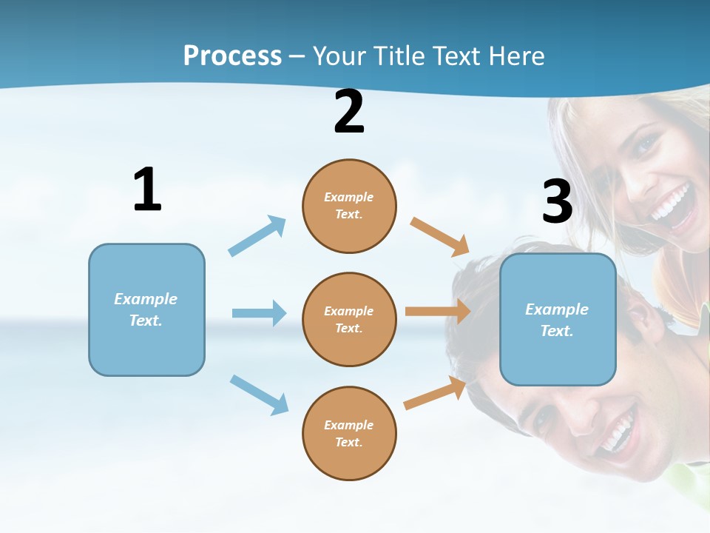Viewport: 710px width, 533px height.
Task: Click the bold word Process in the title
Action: [x=233, y=56]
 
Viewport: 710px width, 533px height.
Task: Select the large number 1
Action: [x=148, y=189]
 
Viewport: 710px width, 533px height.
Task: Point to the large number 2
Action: [x=349, y=111]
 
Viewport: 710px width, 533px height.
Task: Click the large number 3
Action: [x=558, y=201]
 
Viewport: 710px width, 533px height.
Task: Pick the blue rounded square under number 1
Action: [x=146, y=310]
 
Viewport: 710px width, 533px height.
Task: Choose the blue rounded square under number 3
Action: [x=558, y=320]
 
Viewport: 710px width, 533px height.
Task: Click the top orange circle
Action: [x=349, y=206]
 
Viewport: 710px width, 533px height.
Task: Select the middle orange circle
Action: [x=349, y=320]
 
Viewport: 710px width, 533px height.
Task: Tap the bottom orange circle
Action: [x=349, y=433]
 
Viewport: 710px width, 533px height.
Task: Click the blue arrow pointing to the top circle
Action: [x=257, y=235]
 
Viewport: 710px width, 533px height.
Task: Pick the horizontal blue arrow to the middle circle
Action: [x=260, y=312]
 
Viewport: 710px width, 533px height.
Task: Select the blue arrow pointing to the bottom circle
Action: [x=260, y=395]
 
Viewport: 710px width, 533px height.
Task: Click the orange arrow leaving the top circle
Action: [x=439, y=237]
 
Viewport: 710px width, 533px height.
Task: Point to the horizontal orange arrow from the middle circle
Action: [x=438, y=312]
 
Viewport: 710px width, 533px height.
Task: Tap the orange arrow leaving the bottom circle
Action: [x=435, y=393]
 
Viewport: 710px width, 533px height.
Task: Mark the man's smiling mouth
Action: [x=617, y=429]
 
